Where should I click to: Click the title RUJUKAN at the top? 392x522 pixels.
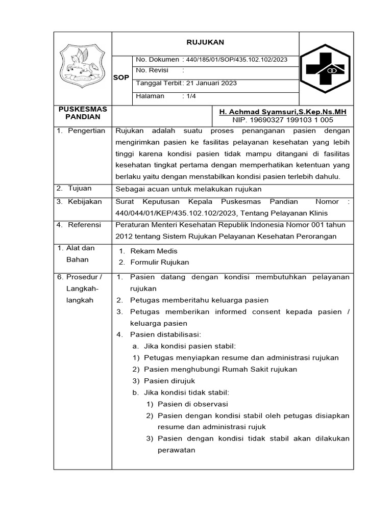[x=205, y=42]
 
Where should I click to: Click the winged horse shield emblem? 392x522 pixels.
[x=82, y=66]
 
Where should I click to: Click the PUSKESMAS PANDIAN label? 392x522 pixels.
[x=83, y=113]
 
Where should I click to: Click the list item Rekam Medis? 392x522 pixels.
[x=154, y=251]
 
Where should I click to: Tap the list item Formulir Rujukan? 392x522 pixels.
[x=159, y=262]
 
